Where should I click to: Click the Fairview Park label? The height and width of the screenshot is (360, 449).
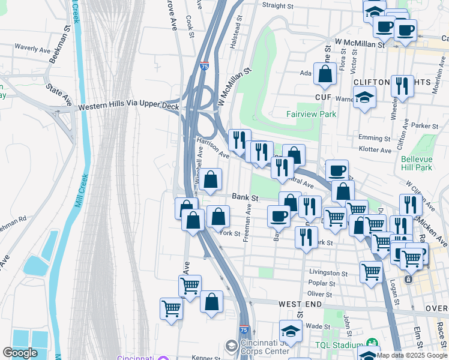(312, 114)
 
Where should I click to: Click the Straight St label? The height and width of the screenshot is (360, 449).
(283, 5)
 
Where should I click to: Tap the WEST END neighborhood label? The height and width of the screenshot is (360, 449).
(298, 305)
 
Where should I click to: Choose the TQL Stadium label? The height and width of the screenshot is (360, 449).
(337, 346)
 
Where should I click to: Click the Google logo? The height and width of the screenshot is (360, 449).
(20, 353)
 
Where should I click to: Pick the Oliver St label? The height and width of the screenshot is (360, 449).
(319, 294)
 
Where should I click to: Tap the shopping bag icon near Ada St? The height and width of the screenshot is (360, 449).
(325, 74)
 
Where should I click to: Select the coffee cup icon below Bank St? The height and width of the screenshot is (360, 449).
(279, 216)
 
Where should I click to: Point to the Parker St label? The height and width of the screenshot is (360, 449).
(427, 126)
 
